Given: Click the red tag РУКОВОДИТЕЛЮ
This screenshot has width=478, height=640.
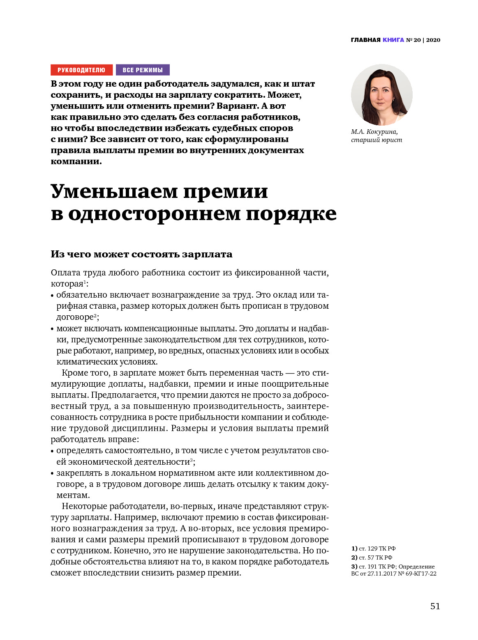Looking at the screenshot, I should [x=81, y=70].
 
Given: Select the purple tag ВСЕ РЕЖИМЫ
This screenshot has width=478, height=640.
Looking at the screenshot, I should [x=143, y=70].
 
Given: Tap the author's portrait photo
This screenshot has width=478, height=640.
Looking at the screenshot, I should [x=381, y=95].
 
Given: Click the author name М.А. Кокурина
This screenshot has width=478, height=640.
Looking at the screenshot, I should [x=374, y=132].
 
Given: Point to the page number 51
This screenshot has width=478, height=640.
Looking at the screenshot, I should [x=435, y=606].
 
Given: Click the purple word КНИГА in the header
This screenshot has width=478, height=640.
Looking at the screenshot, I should [x=393, y=40].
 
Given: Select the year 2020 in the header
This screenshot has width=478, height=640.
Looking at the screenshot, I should [x=433, y=40].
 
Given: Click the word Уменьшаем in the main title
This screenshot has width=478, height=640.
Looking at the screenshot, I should [x=114, y=191].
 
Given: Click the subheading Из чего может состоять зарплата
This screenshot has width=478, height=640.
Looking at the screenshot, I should [x=141, y=254].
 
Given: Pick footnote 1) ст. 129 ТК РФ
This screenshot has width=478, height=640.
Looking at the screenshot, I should [x=373, y=548].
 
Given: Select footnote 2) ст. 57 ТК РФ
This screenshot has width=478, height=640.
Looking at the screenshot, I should [x=372, y=557].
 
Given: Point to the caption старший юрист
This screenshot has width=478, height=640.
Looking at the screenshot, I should [x=376, y=140].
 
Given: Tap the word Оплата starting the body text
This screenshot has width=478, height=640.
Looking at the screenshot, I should [x=65, y=273].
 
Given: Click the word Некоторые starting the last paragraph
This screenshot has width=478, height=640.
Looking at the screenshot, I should [x=84, y=506].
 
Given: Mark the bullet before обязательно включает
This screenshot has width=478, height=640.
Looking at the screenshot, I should [x=52, y=296].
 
